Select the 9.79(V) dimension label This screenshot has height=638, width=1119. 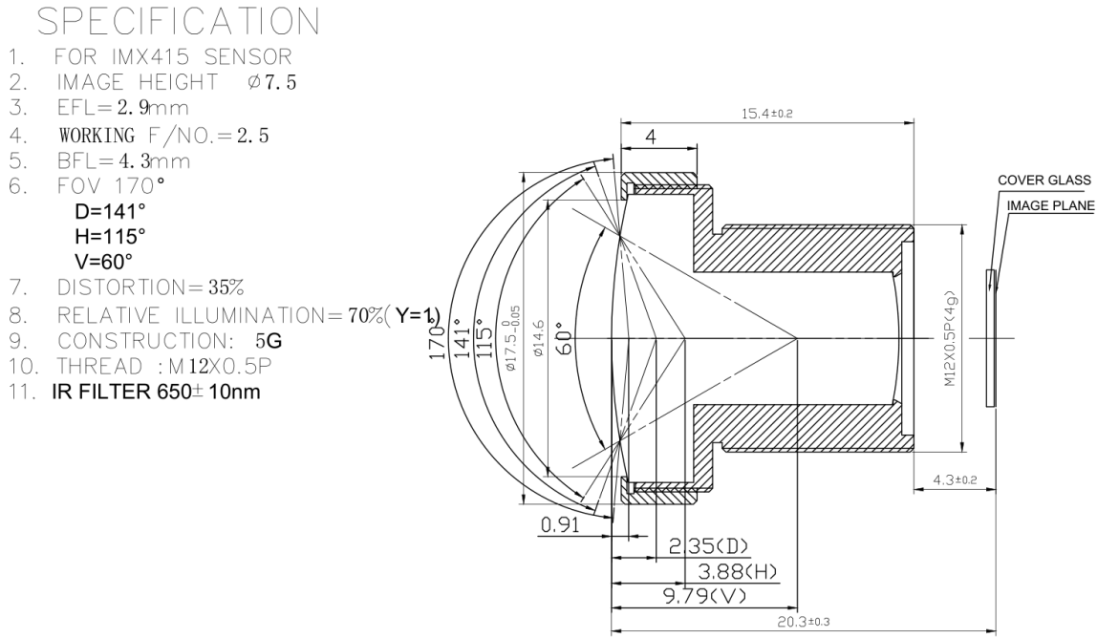pyautogui.click(x=702, y=596)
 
